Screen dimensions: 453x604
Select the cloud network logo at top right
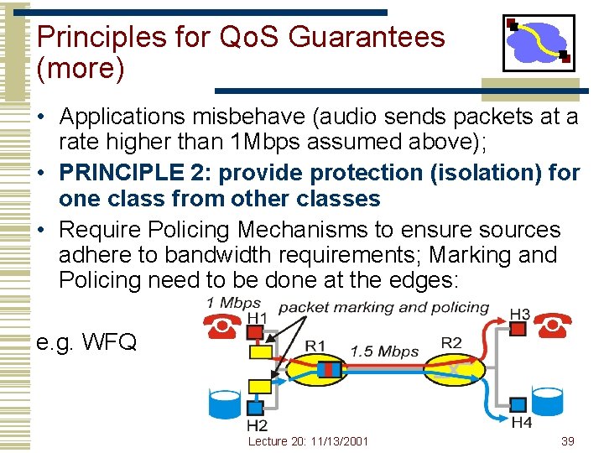click(x=538, y=43)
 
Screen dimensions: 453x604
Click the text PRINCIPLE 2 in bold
click(x=134, y=173)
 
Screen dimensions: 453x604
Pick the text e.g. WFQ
click(x=86, y=341)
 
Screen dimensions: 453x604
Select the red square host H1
click(x=254, y=331)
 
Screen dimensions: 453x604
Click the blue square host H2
click(x=257, y=406)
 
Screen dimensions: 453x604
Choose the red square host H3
click(x=518, y=329)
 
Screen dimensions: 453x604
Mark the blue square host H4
click(x=518, y=404)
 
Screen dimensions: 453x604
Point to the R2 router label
click(x=451, y=342)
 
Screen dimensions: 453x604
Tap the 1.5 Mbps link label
click(x=383, y=351)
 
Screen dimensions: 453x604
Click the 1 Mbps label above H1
click(x=233, y=303)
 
